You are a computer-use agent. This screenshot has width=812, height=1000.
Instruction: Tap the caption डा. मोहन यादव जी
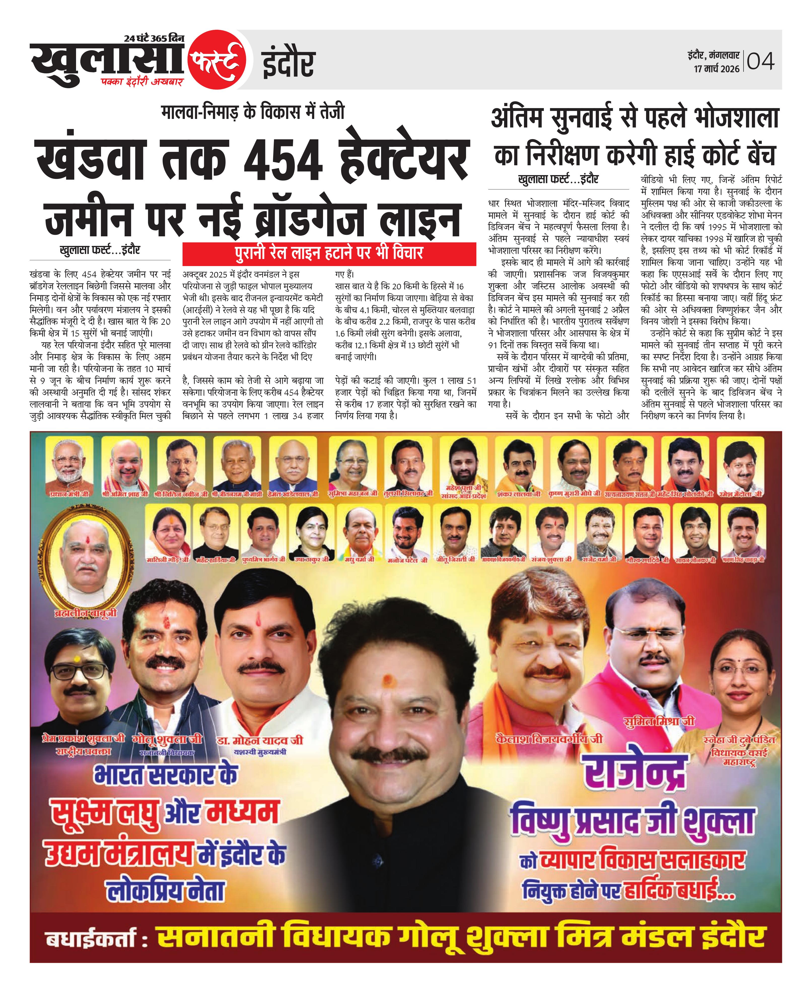pos(260,740)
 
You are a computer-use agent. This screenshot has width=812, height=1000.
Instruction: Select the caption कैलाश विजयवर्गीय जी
pos(549,739)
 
